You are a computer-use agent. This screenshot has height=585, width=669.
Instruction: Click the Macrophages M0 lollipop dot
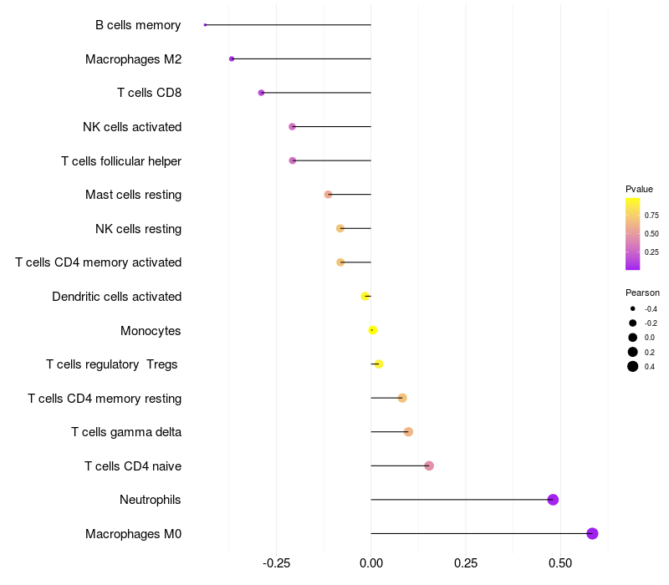pyautogui.click(x=592, y=533)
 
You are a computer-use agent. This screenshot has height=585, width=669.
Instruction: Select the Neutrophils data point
pyautogui.click(x=553, y=500)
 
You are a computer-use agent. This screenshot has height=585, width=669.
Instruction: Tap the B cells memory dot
pyautogui.click(x=205, y=25)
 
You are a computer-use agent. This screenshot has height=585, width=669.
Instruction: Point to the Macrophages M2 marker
pyautogui.click(x=232, y=58)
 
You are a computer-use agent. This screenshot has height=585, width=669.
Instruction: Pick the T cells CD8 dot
pyautogui.click(x=261, y=93)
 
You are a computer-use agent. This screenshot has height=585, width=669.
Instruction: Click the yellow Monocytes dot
pyautogui.click(x=373, y=330)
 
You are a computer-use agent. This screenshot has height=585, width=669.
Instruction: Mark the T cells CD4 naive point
pyautogui.click(x=429, y=465)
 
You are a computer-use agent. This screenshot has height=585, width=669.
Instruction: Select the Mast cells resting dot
pyautogui.click(x=328, y=195)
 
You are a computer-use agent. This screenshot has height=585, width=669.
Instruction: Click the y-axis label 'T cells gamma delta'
pyautogui.click(x=126, y=432)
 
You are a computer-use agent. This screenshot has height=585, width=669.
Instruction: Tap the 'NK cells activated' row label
pyautogui.click(x=132, y=127)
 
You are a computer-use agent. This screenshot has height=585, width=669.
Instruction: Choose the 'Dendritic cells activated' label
pyautogui.click(x=117, y=297)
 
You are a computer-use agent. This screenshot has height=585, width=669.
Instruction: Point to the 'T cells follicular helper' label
pyautogui.click(x=121, y=160)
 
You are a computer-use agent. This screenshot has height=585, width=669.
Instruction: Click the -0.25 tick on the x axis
pyautogui.click(x=277, y=563)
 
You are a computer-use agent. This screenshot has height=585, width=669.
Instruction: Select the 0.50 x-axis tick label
pyautogui.click(x=560, y=563)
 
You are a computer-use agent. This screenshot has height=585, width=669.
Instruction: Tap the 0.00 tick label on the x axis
pyautogui.click(x=371, y=563)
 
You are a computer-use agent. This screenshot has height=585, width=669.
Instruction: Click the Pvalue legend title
pyautogui.click(x=639, y=189)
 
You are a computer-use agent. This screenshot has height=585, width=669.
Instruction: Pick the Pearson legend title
pyautogui.click(x=642, y=292)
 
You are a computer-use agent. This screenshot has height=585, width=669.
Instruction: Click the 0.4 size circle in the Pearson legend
pyautogui.click(x=633, y=366)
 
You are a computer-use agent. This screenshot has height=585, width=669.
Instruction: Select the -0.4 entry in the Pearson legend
pyautogui.click(x=633, y=308)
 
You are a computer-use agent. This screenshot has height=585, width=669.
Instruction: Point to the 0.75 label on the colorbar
pyautogui.click(x=651, y=215)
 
